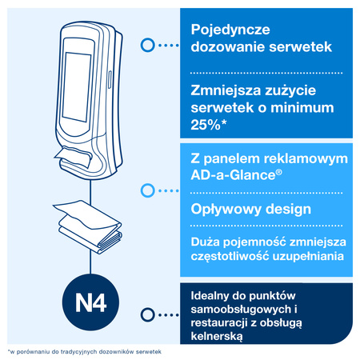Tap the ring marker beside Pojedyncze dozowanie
pyautogui.click(x=146, y=46)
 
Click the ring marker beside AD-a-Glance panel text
pyautogui.click(x=146, y=190)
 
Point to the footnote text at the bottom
pyautogui.click(x=85, y=352)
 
